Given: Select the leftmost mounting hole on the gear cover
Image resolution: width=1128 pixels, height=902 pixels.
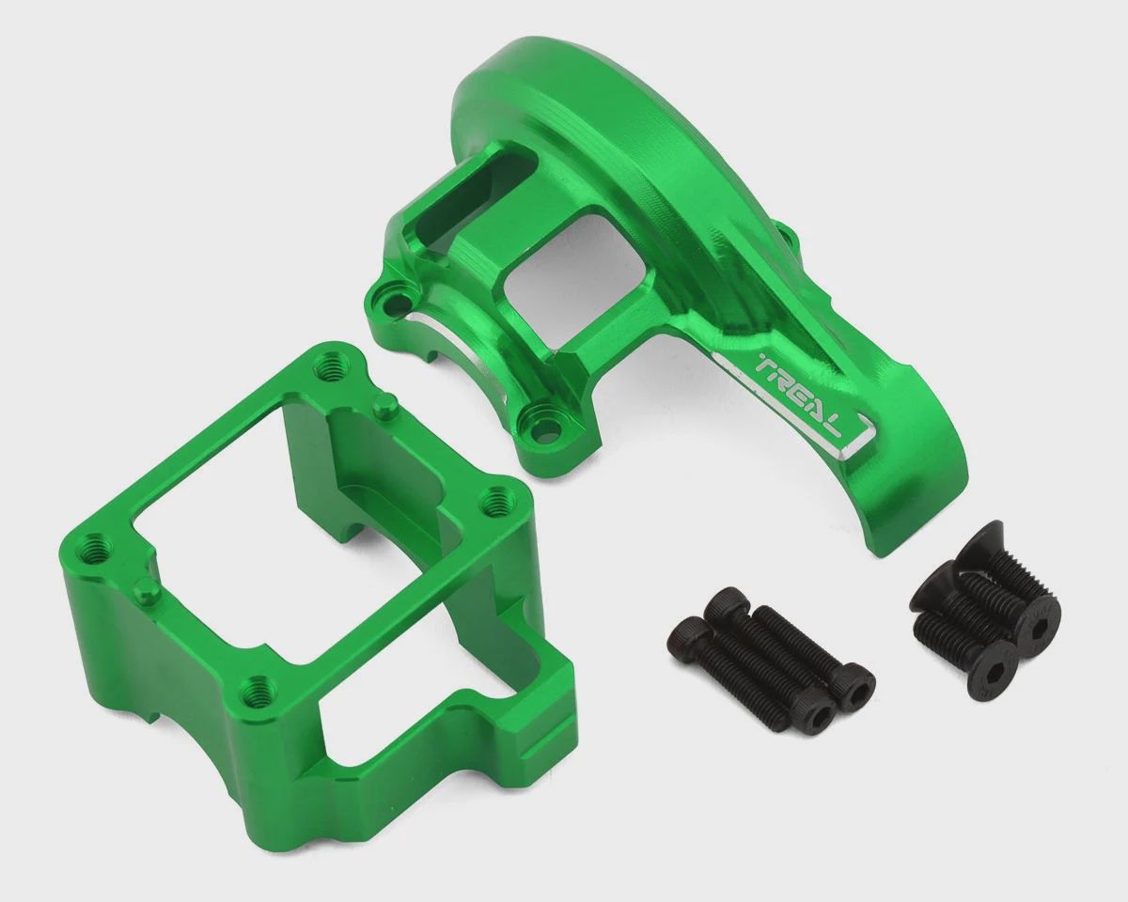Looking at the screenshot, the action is tap(393, 301).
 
